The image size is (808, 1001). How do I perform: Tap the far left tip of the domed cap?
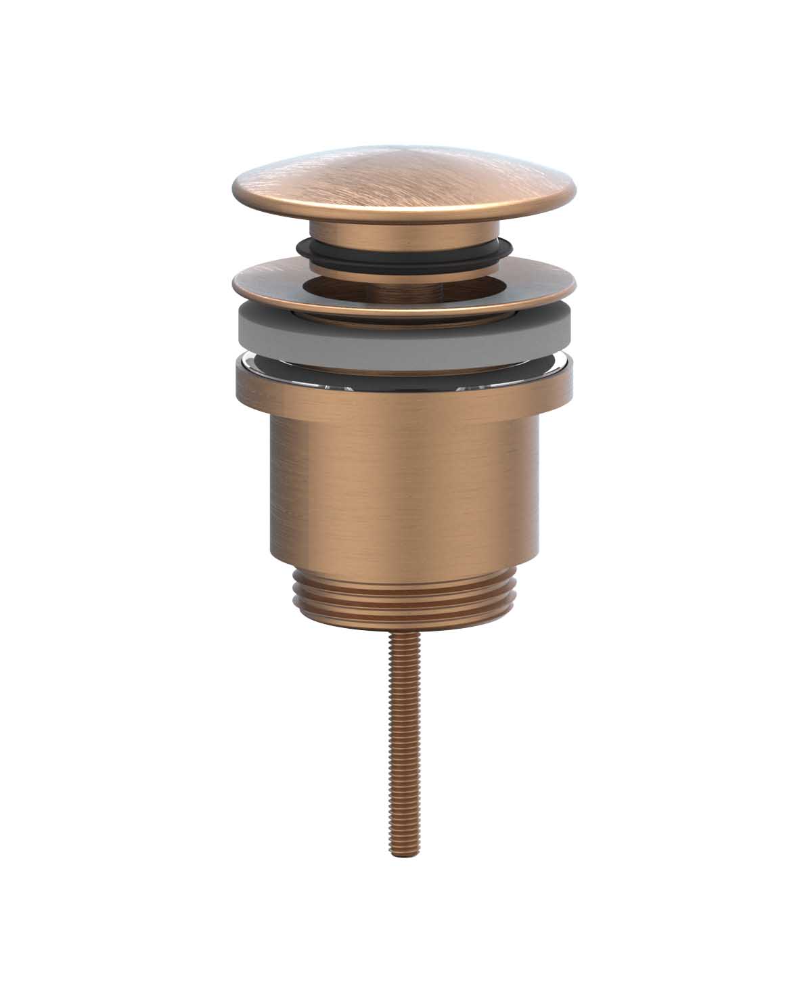233,191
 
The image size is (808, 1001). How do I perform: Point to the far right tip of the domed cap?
575,191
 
